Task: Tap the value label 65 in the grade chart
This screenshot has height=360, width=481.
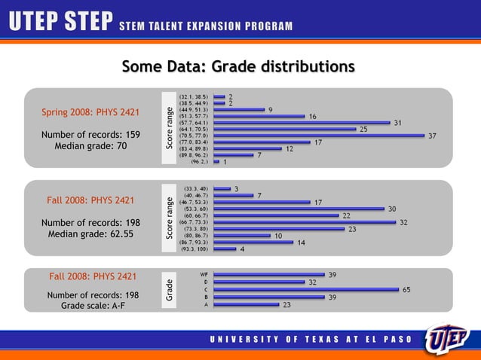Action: (x=406, y=289)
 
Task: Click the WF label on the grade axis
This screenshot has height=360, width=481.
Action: (x=204, y=274)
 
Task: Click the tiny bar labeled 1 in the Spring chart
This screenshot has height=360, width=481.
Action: (x=216, y=161)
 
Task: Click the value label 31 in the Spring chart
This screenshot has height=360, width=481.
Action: (x=397, y=123)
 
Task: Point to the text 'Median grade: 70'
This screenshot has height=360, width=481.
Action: (x=90, y=146)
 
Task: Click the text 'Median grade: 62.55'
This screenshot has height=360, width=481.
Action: (x=90, y=233)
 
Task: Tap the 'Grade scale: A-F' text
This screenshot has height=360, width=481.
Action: (x=90, y=306)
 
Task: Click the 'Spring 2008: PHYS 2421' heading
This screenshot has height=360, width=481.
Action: (x=90, y=113)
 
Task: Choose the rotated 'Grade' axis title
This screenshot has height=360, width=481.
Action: (x=170, y=291)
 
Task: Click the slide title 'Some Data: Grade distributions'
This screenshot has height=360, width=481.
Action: (x=238, y=67)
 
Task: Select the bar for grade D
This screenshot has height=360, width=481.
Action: (x=259, y=282)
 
